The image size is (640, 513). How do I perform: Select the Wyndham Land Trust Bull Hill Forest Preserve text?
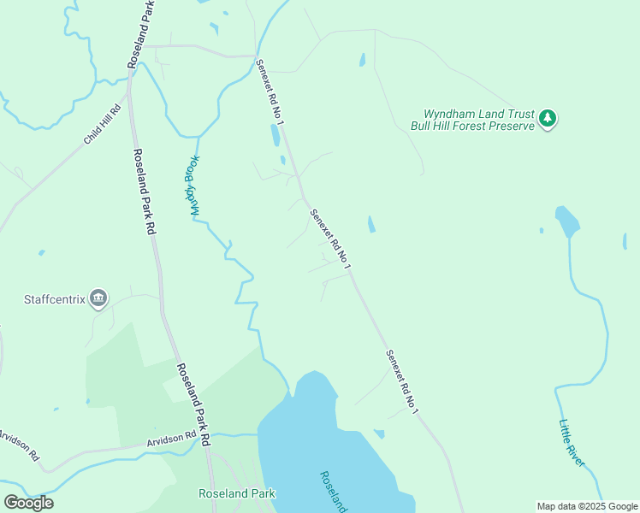tap(479, 120)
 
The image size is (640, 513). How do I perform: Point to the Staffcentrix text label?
tap(55, 299)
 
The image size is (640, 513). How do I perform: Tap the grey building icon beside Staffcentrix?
tap(98, 298)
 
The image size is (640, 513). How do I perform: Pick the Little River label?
tap(572, 442)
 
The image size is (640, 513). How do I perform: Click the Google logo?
tap(28, 502)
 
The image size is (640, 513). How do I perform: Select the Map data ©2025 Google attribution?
tap(588, 506)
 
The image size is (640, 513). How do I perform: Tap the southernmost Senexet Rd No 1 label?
tap(401, 381)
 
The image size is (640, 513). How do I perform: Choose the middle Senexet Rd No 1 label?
tap(330, 240)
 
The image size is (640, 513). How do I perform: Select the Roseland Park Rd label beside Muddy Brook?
tap(144, 192)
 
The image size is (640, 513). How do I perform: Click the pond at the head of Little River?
tap(566, 221)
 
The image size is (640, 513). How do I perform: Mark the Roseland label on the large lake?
tap(334, 492)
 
